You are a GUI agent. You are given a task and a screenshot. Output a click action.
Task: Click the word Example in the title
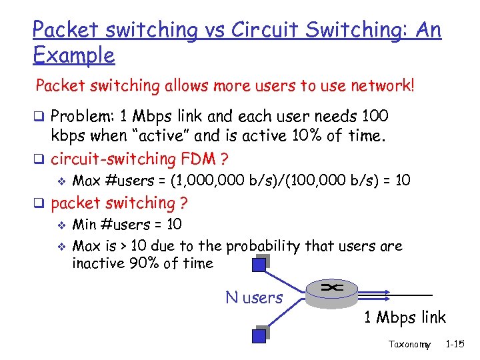[x=73, y=55]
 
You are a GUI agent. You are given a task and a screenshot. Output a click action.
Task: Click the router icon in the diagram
[x=331, y=289]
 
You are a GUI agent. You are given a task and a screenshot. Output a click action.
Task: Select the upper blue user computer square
[x=259, y=265]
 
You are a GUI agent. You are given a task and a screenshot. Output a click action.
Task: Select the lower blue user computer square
[x=259, y=335]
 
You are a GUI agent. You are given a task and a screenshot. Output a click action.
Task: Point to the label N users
[x=254, y=297]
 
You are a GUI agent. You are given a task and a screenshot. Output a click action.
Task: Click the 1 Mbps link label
[x=405, y=317]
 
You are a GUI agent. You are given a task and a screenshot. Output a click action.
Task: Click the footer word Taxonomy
[x=409, y=345]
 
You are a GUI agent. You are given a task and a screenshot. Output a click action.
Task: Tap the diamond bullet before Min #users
[x=61, y=225]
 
